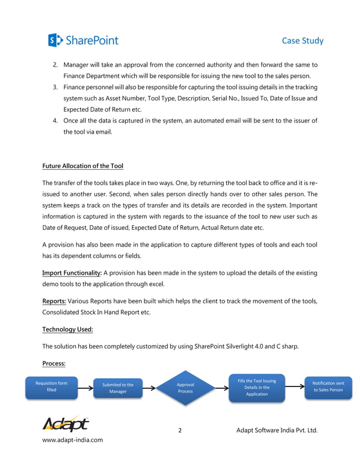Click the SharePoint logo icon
tap(55, 40)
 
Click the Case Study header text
tap(302, 41)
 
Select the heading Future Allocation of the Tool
tap(82, 166)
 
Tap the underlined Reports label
tap(54, 301)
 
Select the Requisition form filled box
tap(51, 387)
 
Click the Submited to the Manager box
tap(118, 388)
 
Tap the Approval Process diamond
tap(185, 388)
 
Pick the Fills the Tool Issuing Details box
tap(257, 388)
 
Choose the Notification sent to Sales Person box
tap(328, 387)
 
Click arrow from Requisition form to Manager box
tap(85, 388)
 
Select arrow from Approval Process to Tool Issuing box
tap(221, 388)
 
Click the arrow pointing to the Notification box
tap(295, 388)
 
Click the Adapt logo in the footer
tap(65, 424)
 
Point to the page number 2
tap(180, 430)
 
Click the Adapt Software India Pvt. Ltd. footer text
tap(277, 430)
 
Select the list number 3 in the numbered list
tap(55, 87)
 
